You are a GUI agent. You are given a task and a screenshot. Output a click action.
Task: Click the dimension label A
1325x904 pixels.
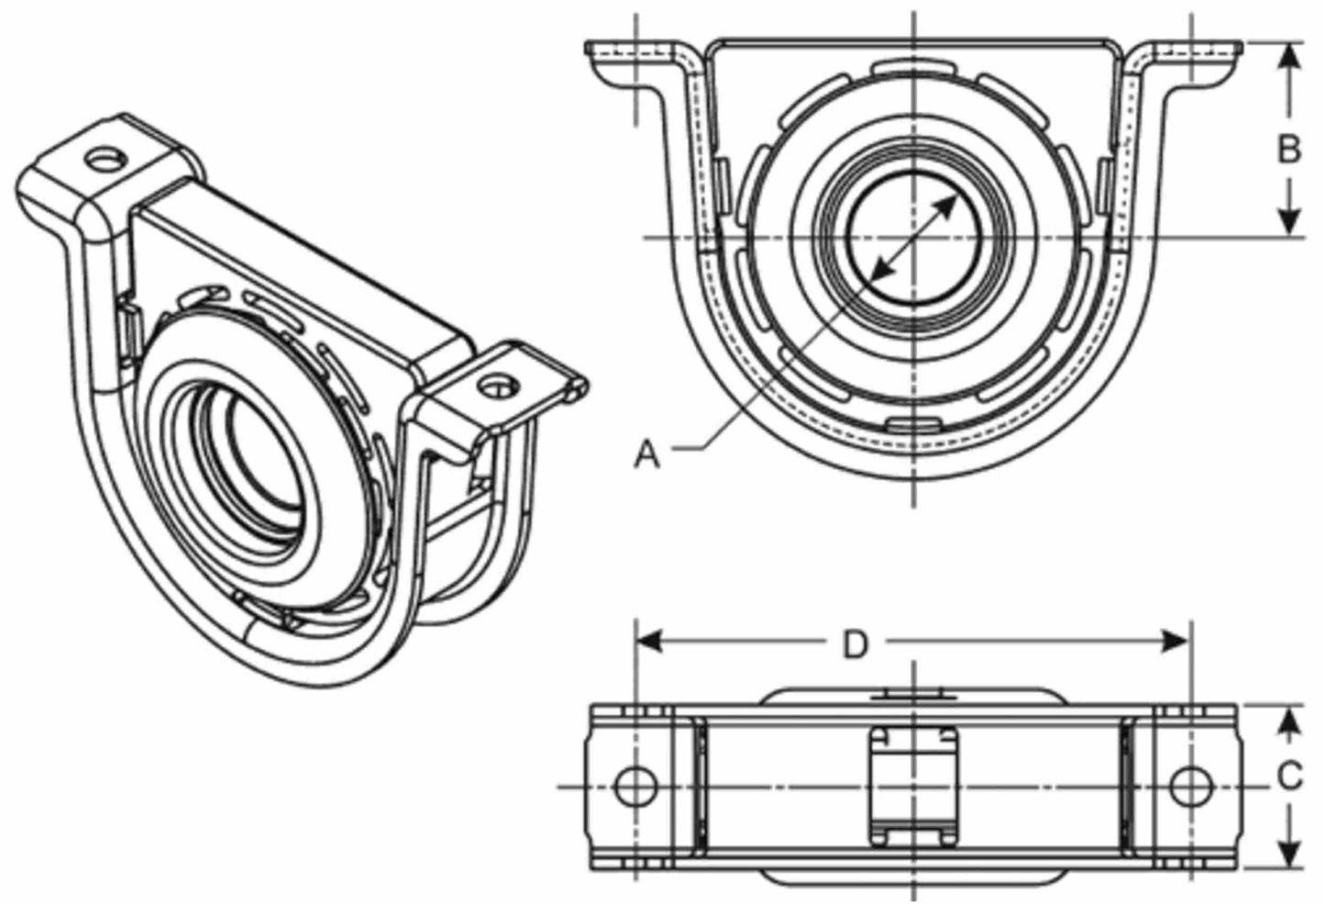pos(647,453)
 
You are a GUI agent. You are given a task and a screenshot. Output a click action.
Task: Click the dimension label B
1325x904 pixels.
pos(1289,149)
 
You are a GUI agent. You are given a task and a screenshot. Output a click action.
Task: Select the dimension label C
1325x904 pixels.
pos(1289,776)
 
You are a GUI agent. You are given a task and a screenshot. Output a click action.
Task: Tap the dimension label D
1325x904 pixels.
pos(855,644)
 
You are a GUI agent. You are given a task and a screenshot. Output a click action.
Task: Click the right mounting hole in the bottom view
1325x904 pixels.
pos(1190,787)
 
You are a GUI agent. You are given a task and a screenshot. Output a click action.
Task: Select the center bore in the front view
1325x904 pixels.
pos(914,238)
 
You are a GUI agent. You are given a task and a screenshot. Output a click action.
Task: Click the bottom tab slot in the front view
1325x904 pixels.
pos(914,423)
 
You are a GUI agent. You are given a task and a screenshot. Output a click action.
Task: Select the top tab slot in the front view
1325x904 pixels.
pos(914,67)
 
